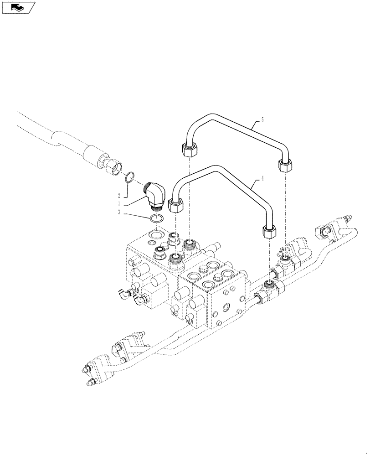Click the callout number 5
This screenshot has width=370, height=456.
262,120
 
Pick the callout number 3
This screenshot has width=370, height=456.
120,212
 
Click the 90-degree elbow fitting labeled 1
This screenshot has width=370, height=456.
155,197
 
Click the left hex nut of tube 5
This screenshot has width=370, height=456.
189,150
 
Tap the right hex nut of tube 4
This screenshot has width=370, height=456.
268,232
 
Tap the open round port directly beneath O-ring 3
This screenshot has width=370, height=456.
155,235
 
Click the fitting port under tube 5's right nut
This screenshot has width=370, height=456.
285,259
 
